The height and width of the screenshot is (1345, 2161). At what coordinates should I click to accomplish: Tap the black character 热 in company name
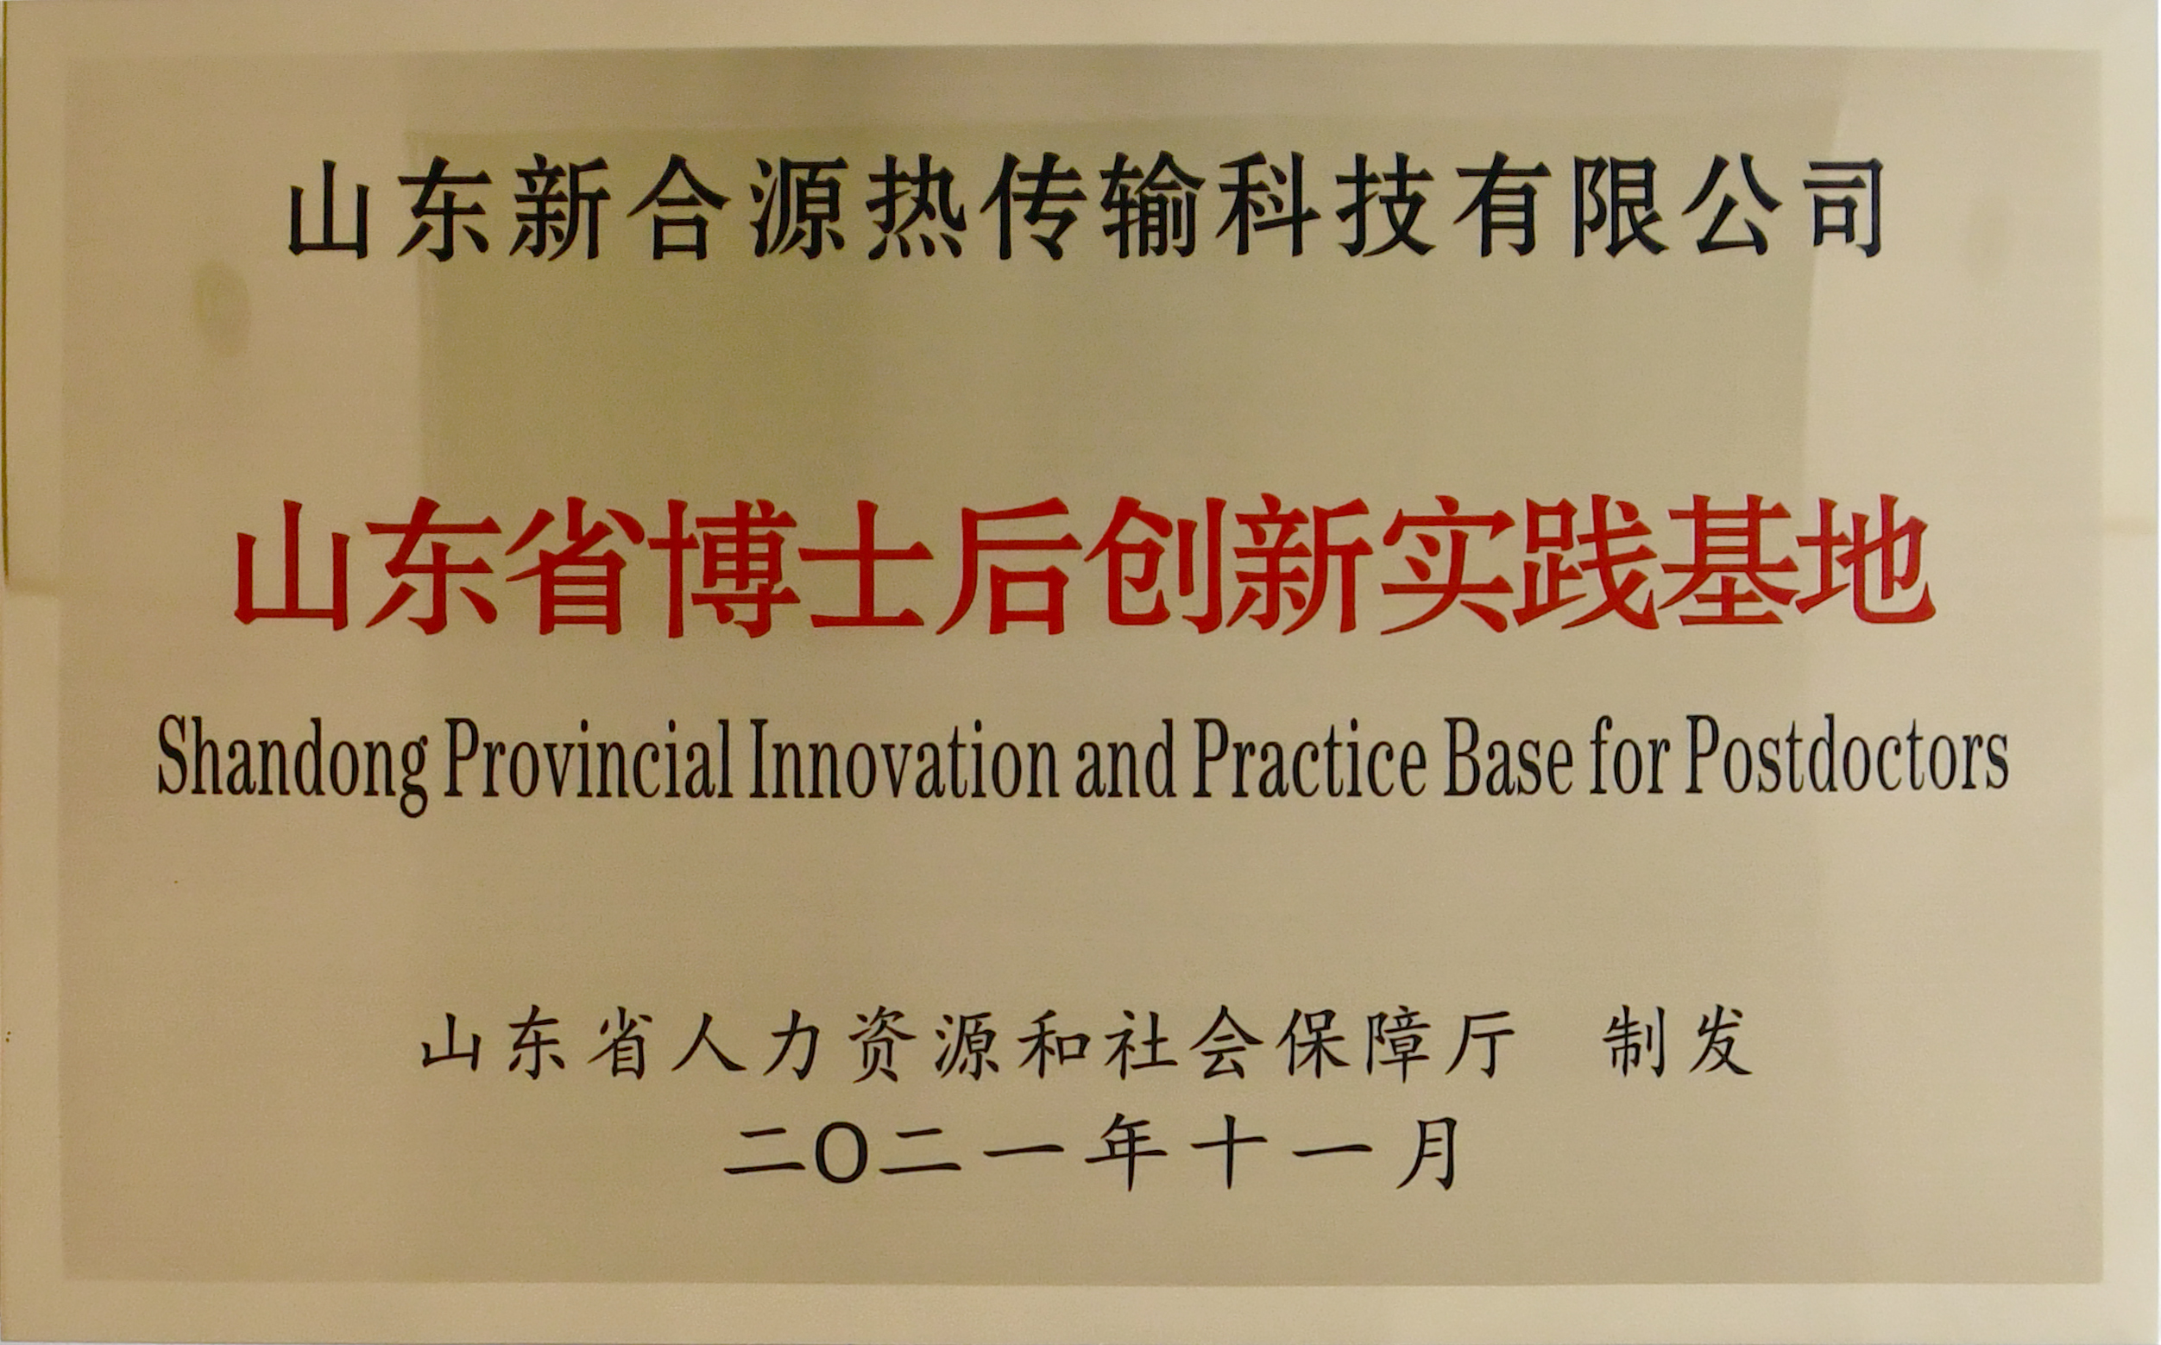(916, 206)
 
